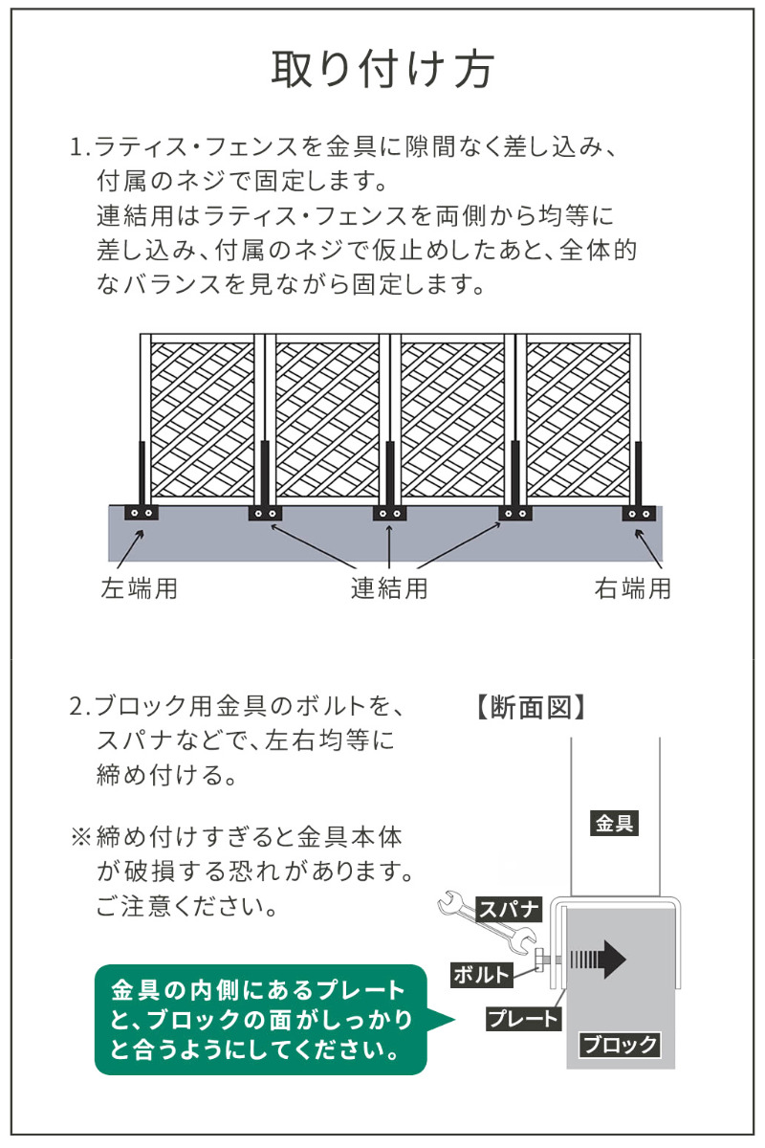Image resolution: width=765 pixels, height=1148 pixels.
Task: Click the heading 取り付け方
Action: (x=382, y=69)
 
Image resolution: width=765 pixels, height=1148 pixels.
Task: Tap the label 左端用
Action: (x=140, y=587)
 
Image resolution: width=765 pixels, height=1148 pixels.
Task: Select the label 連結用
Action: (x=388, y=587)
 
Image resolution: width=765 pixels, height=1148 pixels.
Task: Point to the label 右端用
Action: (x=632, y=587)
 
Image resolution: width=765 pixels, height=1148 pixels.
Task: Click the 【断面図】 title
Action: (x=529, y=707)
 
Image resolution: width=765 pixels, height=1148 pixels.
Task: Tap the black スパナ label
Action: (x=509, y=908)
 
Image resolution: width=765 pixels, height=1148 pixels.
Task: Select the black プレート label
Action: (x=522, y=1019)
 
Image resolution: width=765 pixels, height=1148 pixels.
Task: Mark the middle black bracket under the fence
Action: (x=389, y=513)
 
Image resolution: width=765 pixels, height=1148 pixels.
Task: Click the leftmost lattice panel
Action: (x=203, y=419)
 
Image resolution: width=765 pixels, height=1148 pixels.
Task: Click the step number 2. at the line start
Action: (x=80, y=708)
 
